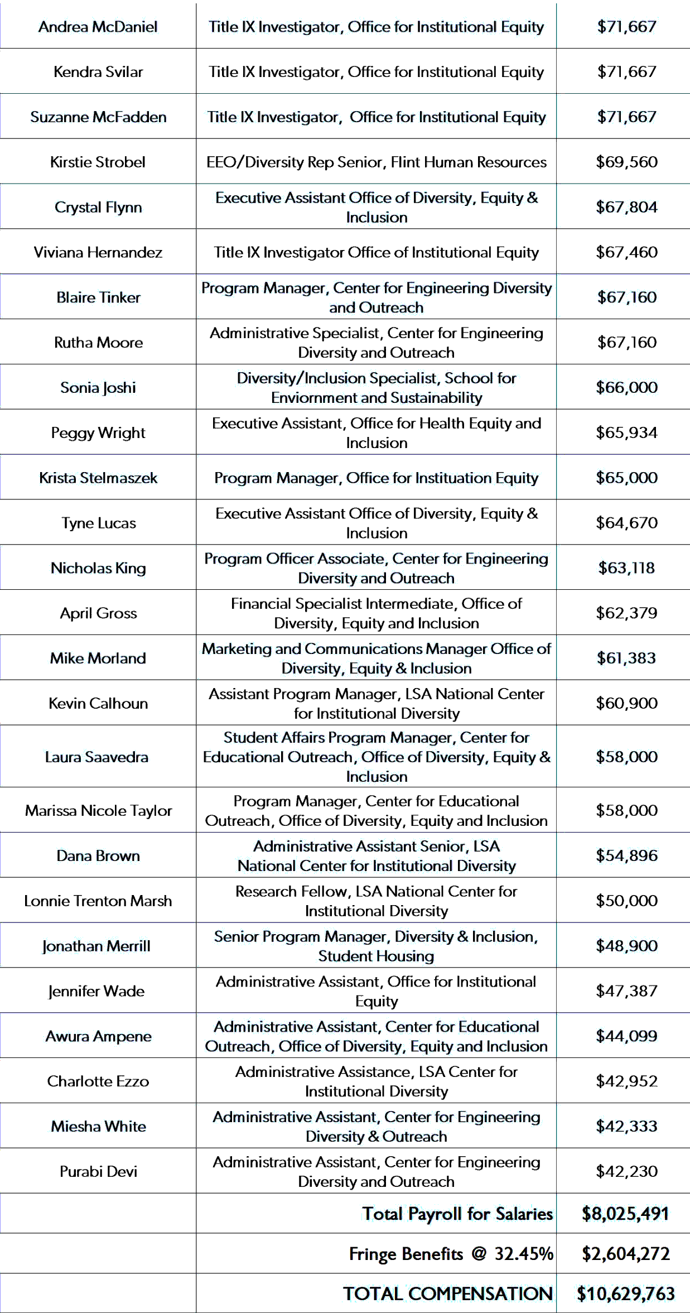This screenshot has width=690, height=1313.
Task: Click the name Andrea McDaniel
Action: [x=98, y=27]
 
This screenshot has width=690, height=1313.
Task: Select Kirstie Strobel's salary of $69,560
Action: [x=626, y=162]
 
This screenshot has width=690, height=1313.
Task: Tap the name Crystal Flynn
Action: [x=98, y=207]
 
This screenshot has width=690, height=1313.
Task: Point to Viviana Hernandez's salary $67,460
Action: [x=626, y=252]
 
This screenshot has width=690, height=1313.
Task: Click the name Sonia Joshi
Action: [x=98, y=387]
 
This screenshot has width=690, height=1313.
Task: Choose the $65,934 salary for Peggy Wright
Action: [x=626, y=432]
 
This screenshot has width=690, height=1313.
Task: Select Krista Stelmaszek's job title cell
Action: [x=376, y=478]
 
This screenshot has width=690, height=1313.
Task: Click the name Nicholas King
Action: [x=98, y=568]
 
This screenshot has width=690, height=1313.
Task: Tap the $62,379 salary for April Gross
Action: [x=626, y=613]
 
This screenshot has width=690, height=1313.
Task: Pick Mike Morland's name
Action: [x=98, y=658]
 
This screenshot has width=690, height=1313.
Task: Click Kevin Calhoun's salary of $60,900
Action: [x=626, y=703]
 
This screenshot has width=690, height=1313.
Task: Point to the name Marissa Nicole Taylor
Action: [x=98, y=810]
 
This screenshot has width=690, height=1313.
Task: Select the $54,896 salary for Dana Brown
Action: [x=626, y=855]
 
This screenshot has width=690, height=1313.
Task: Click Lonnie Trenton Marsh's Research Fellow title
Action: [x=376, y=901]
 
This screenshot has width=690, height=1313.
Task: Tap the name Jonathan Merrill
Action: [x=96, y=946]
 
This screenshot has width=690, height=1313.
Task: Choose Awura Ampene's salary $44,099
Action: [x=626, y=1036]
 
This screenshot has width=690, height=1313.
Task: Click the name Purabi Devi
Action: [x=98, y=1171]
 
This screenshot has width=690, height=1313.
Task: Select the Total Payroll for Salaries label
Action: [x=457, y=1214]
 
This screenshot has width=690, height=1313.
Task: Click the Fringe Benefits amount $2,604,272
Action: [x=625, y=1254]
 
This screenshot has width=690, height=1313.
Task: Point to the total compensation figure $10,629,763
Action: [x=625, y=1293]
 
